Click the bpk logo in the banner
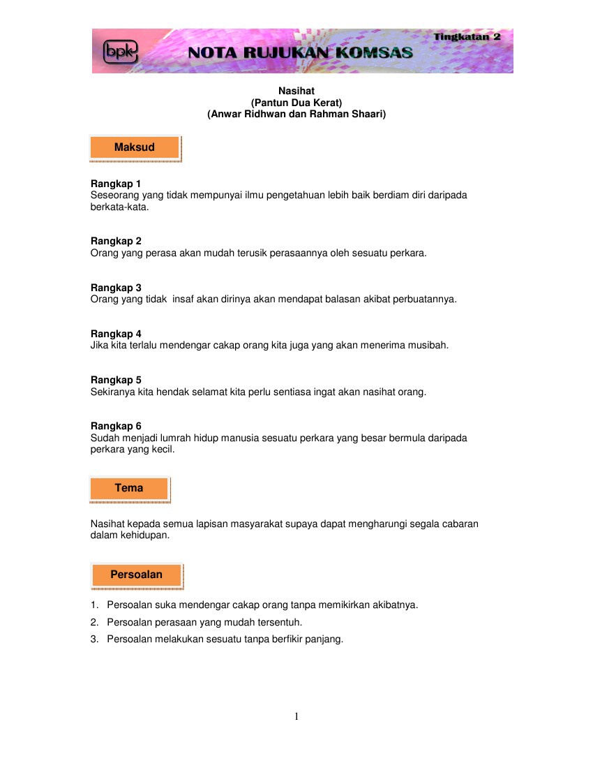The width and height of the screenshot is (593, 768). click(120, 51)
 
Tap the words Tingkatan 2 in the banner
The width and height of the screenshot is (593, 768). click(467, 36)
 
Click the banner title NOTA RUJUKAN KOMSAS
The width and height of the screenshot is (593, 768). click(301, 52)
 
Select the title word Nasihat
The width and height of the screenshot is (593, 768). click(296, 91)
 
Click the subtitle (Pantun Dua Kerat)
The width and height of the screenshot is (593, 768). click(296, 102)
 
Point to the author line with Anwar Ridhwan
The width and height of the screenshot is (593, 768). click(296, 113)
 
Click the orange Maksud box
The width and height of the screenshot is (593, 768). click(135, 147)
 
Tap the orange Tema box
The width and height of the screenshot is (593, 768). click(129, 488)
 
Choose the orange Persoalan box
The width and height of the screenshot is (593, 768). click(136, 575)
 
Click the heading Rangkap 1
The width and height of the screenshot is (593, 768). click(116, 184)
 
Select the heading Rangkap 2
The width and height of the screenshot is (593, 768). click(116, 241)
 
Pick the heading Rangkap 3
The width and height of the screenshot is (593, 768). click(116, 288)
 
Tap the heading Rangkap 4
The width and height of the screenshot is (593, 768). click(116, 334)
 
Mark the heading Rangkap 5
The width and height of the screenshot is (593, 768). click(116, 380)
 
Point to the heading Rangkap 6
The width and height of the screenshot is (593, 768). click(116, 426)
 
